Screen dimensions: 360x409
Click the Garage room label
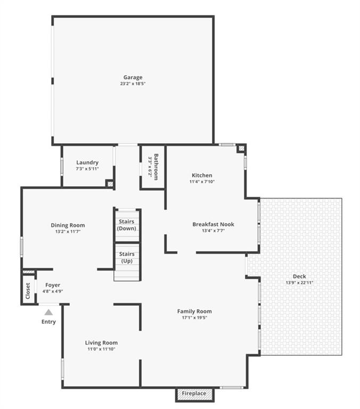click(133, 77)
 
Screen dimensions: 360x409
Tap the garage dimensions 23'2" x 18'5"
click(133, 84)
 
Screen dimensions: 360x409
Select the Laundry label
click(87, 162)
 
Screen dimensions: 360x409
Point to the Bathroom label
click(156, 167)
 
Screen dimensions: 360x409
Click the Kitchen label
click(202, 175)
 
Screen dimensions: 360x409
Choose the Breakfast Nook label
click(213, 224)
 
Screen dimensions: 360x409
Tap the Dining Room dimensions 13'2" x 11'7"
click(68, 231)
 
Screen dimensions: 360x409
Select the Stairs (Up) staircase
click(127, 262)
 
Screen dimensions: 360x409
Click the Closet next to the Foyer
click(28, 291)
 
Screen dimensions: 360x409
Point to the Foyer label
click(53, 285)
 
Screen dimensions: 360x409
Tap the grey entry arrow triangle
click(48, 312)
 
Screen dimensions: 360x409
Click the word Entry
click(48, 322)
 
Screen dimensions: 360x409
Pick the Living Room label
click(101, 343)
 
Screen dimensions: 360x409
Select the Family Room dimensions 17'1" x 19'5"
click(194, 317)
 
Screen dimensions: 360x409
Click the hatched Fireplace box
click(194, 394)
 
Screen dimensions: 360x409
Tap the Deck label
click(299, 276)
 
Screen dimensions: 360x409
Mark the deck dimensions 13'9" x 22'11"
click(299, 282)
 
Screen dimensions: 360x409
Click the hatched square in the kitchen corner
click(241, 149)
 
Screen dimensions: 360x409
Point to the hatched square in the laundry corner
click(110, 184)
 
